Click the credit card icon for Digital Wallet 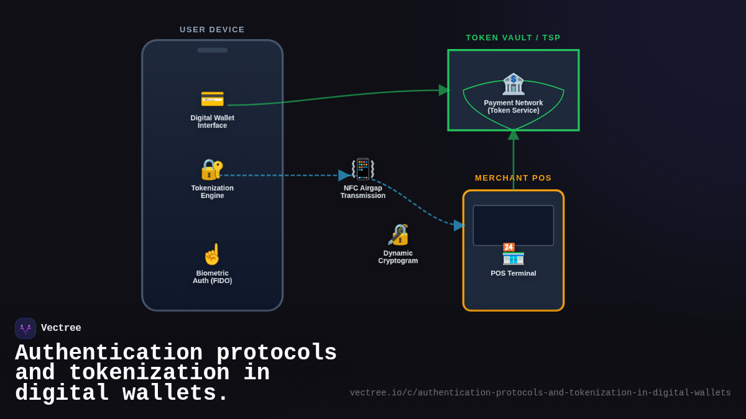[212, 99]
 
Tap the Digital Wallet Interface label [212, 122]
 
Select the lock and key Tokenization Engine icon [212, 169]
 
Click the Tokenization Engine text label [212, 192]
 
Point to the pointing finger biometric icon [212, 255]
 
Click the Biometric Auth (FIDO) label [212, 277]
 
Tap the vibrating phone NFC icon [363, 169]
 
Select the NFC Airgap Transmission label [363, 192]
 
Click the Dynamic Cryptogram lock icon [398, 235]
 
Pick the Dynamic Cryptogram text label [398, 257]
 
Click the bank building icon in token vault [513, 84]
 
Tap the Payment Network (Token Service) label [513, 107]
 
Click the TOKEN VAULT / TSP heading [513, 38]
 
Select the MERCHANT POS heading [513, 178]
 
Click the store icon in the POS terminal [513, 254]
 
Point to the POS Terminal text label [513, 273]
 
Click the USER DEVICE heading [212, 30]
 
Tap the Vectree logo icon [25, 328]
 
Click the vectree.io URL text [540, 393]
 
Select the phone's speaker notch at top [212, 50]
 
